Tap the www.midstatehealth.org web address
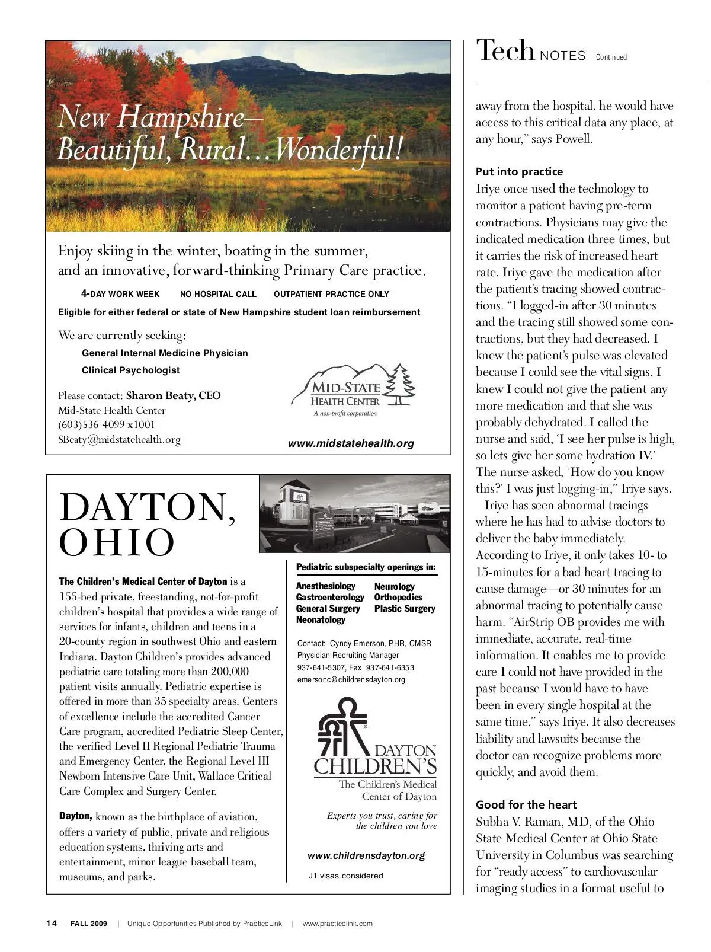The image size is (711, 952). tap(351, 443)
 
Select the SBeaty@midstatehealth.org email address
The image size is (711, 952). tap(119, 440)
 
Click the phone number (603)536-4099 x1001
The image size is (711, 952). tap(107, 424)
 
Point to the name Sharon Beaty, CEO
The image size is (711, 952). tap(173, 395)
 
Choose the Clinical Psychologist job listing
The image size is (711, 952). tap(130, 370)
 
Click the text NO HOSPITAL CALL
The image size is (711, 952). tap(218, 294)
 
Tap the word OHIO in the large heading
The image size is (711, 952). tap(117, 542)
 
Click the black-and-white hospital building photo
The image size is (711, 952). tap(354, 513)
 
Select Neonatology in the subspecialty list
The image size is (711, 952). tap(321, 620)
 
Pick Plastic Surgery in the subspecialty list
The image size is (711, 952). tap(405, 609)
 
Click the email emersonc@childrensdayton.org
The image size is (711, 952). tap(351, 680)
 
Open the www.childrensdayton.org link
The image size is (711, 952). tap(366, 856)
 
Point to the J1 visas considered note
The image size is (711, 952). tap(346, 876)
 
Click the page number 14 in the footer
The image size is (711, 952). tap(52, 924)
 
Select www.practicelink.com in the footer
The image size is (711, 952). tap(337, 924)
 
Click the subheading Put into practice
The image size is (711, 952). tap(519, 172)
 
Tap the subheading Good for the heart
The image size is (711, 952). tap(526, 805)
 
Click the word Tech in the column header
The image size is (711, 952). tap(505, 51)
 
